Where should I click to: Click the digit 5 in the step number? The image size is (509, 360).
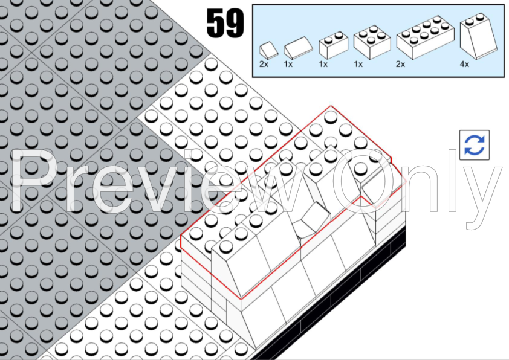(x=215, y=24)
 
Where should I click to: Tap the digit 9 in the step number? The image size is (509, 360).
(x=235, y=24)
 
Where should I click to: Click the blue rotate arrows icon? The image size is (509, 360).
(x=474, y=145)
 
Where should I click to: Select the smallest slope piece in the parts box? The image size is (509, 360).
(x=268, y=50)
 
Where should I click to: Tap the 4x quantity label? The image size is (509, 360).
(x=464, y=64)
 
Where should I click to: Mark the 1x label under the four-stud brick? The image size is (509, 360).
(x=358, y=64)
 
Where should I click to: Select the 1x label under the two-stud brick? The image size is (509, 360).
(x=323, y=64)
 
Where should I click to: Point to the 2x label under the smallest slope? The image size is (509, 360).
(x=264, y=64)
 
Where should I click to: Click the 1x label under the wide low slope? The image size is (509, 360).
(x=289, y=64)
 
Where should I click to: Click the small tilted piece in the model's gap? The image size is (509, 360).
(x=312, y=219)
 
